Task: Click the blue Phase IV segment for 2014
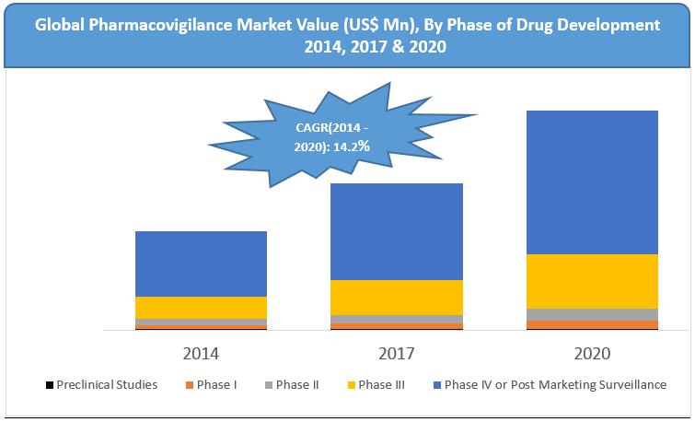[x=201, y=264]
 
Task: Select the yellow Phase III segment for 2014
[x=201, y=307]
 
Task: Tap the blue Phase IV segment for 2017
[x=397, y=231]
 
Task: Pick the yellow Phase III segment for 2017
[x=397, y=297]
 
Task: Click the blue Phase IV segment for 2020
[x=592, y=182]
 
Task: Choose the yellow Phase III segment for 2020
[x=592, y=281]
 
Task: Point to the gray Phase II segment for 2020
[x=592, y=314]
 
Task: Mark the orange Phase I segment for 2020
[x=592, y=324]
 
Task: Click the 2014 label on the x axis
[x=201, y=353]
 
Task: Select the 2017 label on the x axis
[x=397, y=353]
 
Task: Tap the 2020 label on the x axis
[x=592, y=353]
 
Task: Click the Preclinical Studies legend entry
[x=107, y=384]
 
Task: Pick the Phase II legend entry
[x=296, y=384]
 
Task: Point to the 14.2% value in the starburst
[x=353, y=146]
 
